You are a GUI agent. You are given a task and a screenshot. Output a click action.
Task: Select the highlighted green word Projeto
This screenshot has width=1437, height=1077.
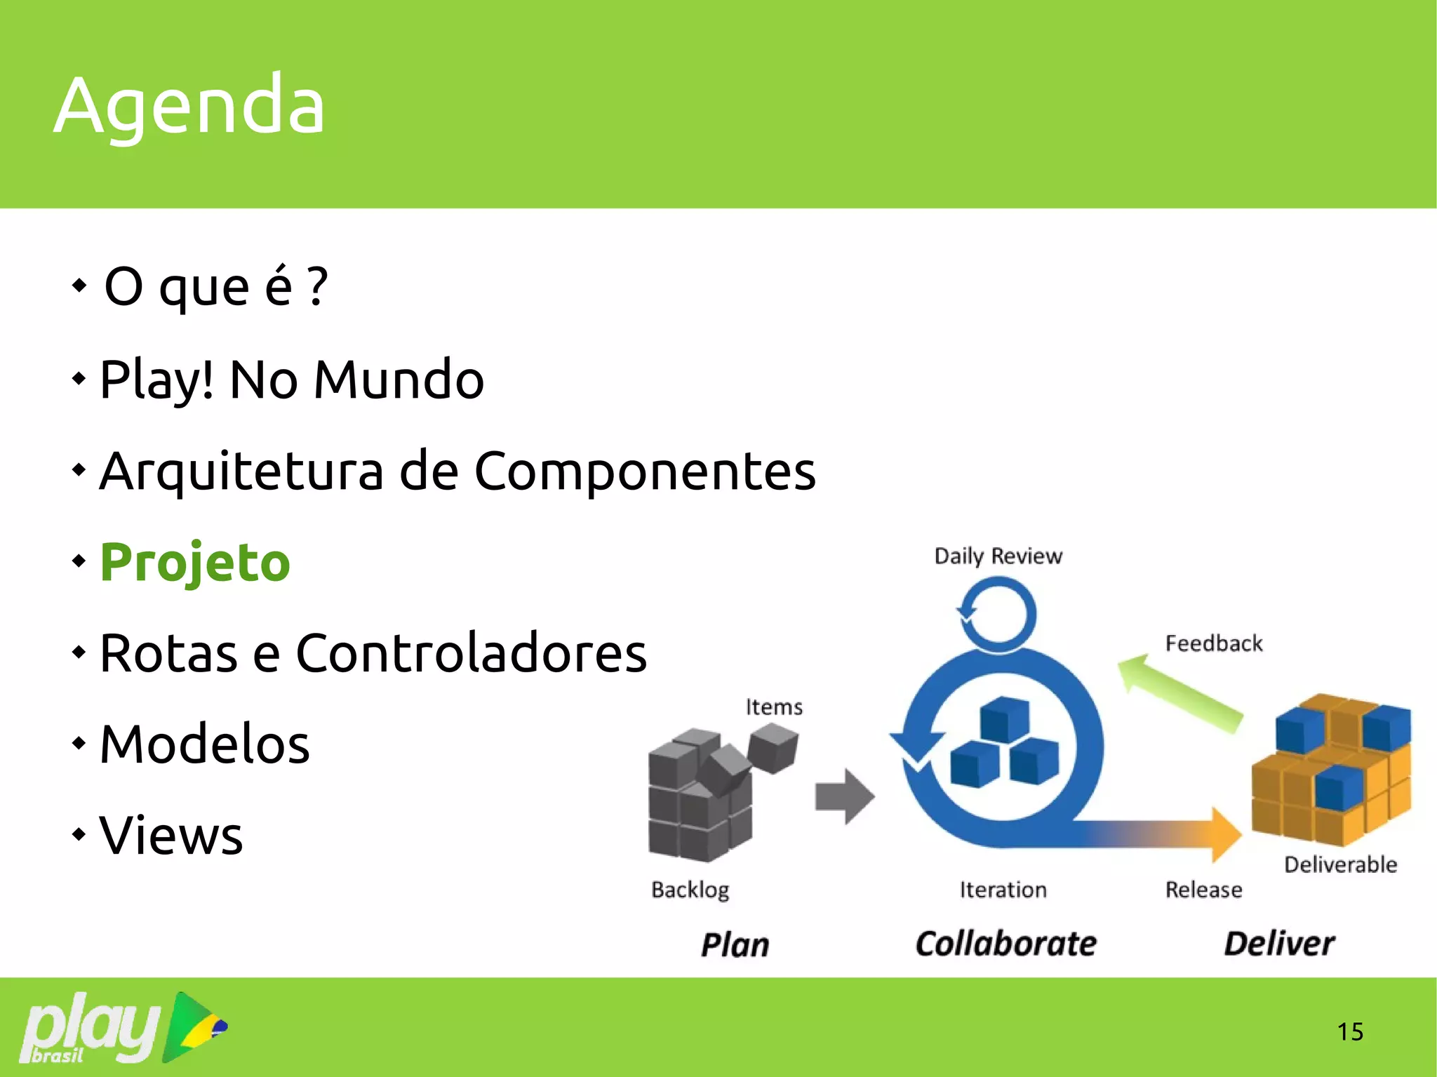(195, 563)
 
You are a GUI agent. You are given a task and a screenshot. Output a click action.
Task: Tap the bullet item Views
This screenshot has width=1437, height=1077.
(171, 836)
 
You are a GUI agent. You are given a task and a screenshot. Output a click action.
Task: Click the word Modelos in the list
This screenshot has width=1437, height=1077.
(205, 744)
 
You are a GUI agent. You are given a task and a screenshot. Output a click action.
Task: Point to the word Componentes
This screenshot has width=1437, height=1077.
(645, 471)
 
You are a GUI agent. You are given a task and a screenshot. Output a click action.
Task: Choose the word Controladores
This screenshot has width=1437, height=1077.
(471, 653)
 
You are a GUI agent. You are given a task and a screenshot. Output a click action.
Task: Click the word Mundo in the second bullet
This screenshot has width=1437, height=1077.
(399, 380)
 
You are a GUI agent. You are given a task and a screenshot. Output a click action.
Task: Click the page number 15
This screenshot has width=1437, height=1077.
(1349, 1031)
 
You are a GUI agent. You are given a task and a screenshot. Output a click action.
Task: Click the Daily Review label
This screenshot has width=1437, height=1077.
(998, 556)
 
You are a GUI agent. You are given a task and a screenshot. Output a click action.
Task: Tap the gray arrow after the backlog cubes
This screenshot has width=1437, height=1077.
(845, 796)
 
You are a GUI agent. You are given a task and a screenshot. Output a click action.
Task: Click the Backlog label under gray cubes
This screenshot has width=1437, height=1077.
(690, 890)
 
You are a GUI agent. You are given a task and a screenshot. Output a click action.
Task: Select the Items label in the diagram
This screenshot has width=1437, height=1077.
(774, 707)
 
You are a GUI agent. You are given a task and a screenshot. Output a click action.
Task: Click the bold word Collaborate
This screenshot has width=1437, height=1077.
(1005, 944)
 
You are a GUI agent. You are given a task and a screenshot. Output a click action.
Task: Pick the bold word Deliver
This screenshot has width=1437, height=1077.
(1278, 944)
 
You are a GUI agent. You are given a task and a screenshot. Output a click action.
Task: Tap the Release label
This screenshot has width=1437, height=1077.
(1203, 890)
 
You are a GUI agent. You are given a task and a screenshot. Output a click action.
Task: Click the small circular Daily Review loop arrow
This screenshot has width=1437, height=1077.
(997, 615)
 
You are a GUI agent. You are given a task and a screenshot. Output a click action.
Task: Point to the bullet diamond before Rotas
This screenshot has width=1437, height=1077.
(79, 653)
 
